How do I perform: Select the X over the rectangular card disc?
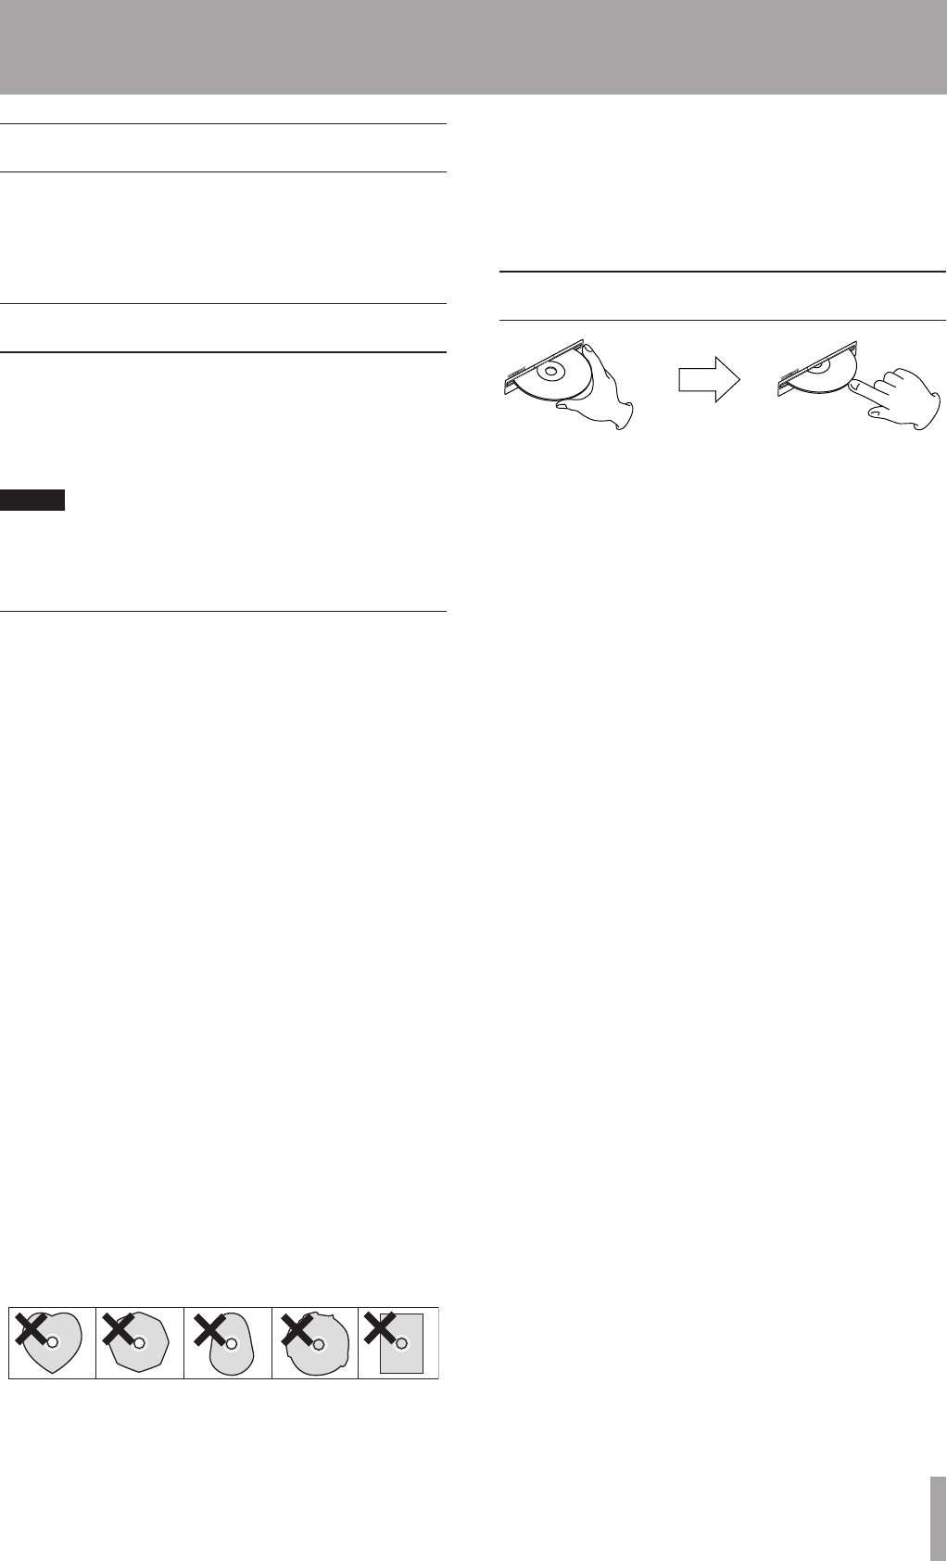pos(381,1329)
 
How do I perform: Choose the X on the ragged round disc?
pos(296,1329)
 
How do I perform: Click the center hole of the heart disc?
pos(52,1341)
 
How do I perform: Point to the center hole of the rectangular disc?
pos(401,1341)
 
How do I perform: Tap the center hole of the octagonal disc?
pos(139,1341)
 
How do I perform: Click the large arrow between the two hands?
pos(709,381)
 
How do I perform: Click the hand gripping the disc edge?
pos(606,389)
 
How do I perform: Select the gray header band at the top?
pos(473,46)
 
